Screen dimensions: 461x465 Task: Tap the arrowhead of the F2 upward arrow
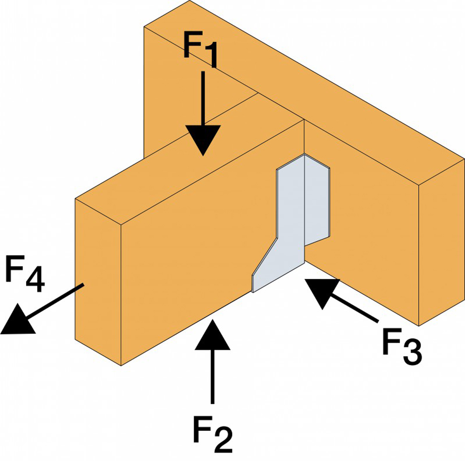coord(212,336)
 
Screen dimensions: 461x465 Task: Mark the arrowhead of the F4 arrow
coord(17,320)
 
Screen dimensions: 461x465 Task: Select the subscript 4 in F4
coord(34,280)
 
